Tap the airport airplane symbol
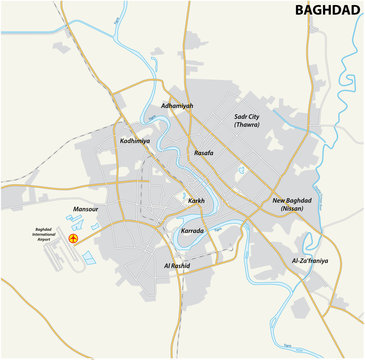coord(71,238)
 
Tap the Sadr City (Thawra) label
coord(246,121)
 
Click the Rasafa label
coord(203,153)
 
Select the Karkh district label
coord(196,201)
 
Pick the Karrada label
coord(193,230)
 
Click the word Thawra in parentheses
coord(246,126)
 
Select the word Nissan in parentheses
coord(293,209)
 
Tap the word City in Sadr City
coord(256,117)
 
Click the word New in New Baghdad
coord(278,200)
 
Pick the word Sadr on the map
coord(239,117)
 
